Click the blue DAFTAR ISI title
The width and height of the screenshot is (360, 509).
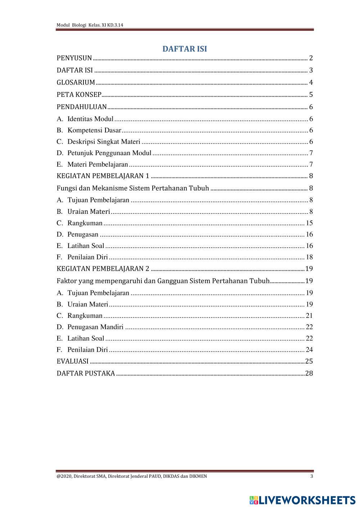(x=185, y=49)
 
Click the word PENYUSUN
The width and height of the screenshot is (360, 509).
(x=74, y=58)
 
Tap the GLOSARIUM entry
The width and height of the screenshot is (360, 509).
(x=76, y=82)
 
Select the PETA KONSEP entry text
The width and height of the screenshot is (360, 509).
(x=79, y=95)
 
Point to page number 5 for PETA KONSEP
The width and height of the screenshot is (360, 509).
(x=311, y=95)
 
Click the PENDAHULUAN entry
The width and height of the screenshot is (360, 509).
(x=82, y=107)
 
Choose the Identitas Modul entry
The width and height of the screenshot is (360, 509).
(x=90, y=119)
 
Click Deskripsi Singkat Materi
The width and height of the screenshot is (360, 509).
(x=104, y=142)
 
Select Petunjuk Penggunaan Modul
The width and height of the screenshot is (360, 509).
(x=109, y=153)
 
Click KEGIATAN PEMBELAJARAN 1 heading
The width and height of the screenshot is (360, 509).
(x=103, y=176)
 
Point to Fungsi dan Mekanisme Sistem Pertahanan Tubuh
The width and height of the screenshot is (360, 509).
(x=133, y=188)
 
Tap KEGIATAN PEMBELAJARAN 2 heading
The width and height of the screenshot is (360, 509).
(x=103, y=269)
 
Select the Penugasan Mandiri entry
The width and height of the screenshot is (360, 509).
(x=95, y=327)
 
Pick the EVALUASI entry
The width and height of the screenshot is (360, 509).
(x=72, y=361)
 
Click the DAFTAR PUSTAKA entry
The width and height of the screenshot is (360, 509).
(x=86, y=373)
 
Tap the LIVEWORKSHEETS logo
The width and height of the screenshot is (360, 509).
(x=302, y=500)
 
